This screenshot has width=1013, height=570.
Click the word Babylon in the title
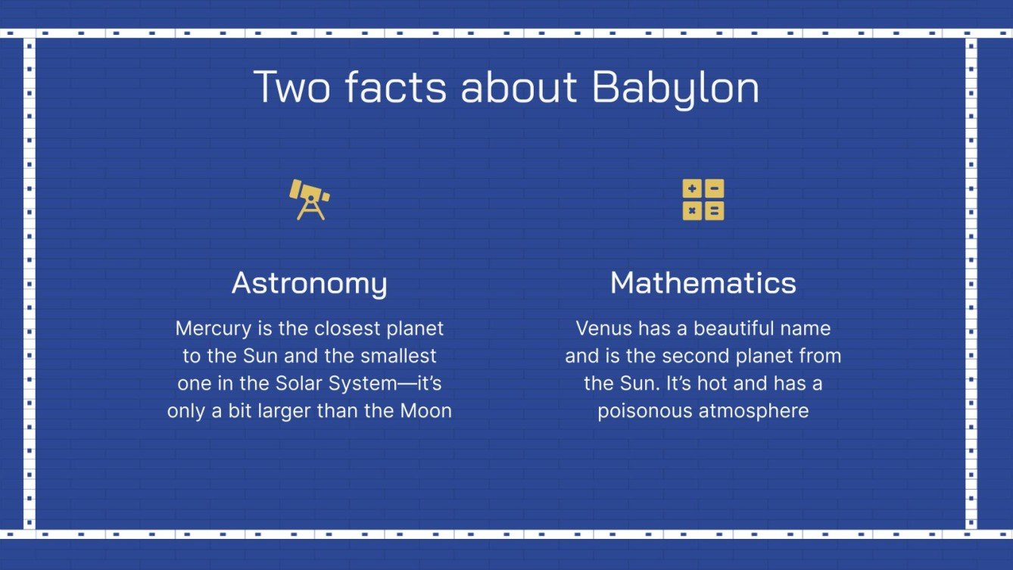(675, 89)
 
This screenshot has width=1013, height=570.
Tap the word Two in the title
(291, 87)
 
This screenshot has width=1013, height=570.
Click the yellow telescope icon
(309, 199)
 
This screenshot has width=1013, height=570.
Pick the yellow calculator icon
(703, 200)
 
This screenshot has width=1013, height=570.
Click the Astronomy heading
(309, 283)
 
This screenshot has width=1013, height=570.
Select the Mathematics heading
(703, 283)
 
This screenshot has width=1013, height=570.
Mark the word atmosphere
(756, 411)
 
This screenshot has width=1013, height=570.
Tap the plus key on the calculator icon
(692, 189)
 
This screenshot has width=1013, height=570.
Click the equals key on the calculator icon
(714, 210)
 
